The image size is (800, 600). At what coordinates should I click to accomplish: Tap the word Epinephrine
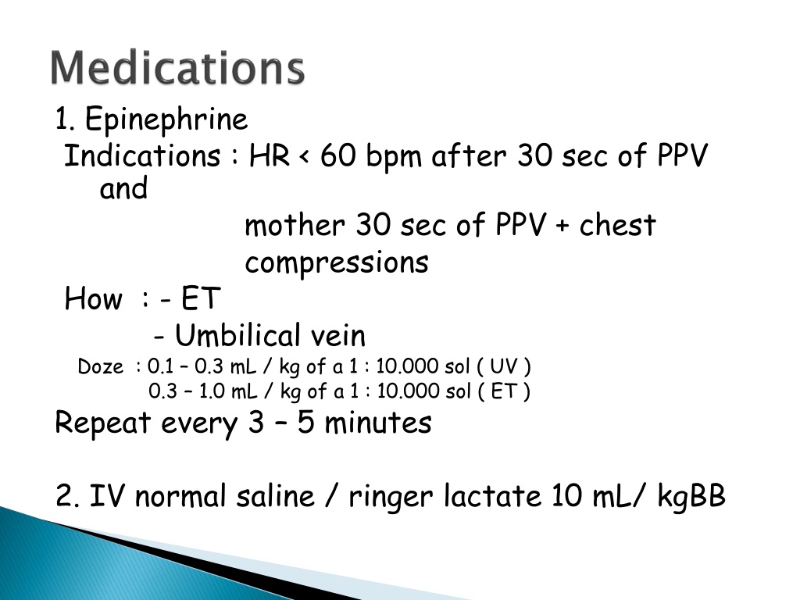tap(166, 120)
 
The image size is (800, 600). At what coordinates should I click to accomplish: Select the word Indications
tap(142, 155)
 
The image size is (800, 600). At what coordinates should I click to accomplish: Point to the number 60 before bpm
tap(337, 155)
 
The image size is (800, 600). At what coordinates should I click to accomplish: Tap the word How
tap(94, 298)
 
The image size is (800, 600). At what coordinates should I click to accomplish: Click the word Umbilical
tap(237, 335)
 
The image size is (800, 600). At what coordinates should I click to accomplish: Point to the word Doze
tap(101, 367)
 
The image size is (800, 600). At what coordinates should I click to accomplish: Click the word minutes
tap(378, 423)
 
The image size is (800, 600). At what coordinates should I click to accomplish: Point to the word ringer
tap(391, 498)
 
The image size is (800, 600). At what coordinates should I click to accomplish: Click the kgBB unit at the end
tap(691, 496)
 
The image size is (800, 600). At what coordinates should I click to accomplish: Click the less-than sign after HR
tap(305, 156)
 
